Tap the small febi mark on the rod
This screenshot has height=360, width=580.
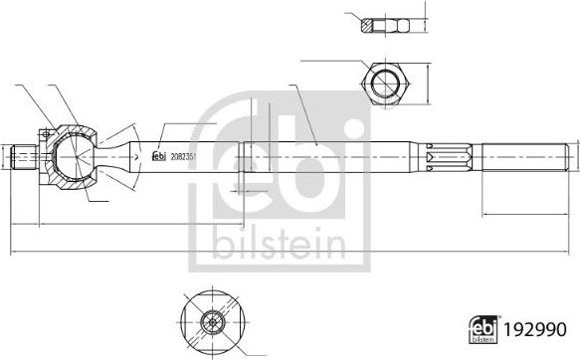pyautogui.click(x=157, y=155)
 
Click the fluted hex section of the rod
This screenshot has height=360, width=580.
pyautogui.click(x=452, y=156)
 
